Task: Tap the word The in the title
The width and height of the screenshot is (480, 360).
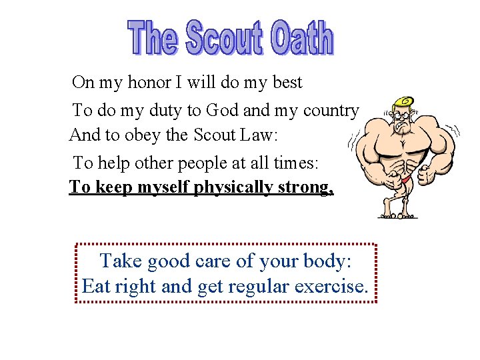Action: pyautogui.click(x=153, y=39)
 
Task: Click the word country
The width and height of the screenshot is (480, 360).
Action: pyautogui.click(x=331, y=111)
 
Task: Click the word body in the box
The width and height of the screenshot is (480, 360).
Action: pyautogui.click(x=325, y=262)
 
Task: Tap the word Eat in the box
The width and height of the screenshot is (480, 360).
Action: pyautogui.click(x=96, y=287)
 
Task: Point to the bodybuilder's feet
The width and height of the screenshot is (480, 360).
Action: pyautogui.click(x=398, y=215)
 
